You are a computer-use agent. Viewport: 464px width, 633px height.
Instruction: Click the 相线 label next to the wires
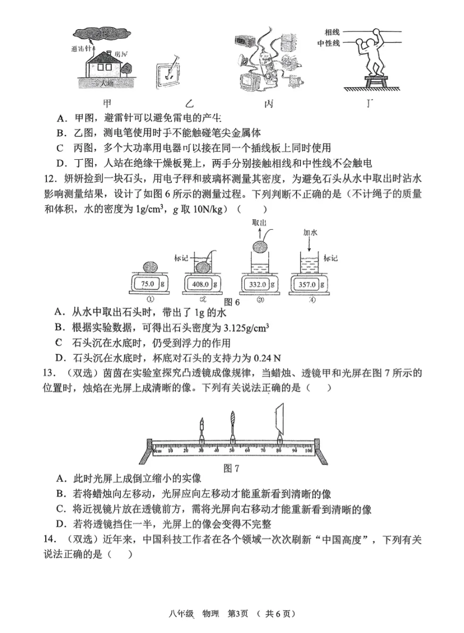click(x=332, y=32)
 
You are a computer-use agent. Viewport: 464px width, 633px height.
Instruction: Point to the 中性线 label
click(x=328, y=43)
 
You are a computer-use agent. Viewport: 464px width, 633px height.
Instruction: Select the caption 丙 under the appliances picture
click(x=269, y=104)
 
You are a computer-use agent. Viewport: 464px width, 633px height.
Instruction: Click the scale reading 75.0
click(x=147, y=284)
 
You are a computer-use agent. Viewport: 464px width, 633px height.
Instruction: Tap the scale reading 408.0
click(x=200, y=284)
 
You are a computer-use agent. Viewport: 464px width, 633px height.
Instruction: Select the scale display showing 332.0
click(x=258, y=284)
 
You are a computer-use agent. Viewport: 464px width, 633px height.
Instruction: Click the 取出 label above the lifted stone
click(x=259, y=223)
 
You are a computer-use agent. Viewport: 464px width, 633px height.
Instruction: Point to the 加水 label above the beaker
click(x=310, y=233)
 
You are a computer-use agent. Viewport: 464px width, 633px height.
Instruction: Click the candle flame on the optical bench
click(x=202, y=423)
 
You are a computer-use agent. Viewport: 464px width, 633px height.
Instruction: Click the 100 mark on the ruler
click(x=308, y=451)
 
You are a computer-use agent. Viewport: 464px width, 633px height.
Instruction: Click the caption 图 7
click(x=231, y=468)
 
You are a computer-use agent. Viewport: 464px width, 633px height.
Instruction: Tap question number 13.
click(x=49, y=373)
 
